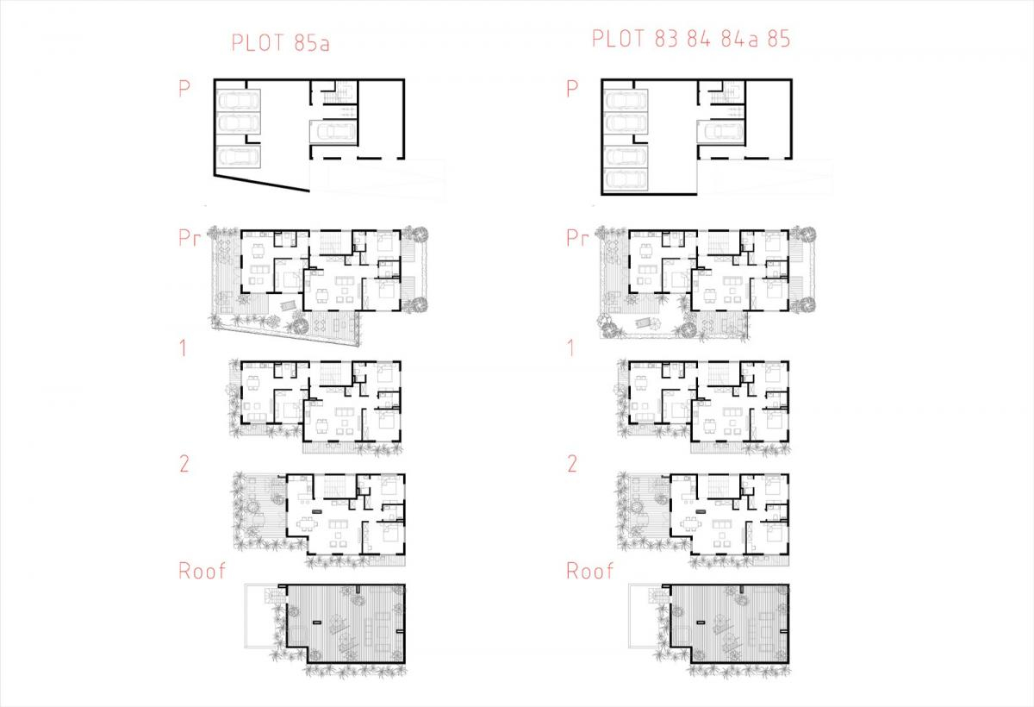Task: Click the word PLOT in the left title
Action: click(257, 43)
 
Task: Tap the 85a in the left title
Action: click(312, 43)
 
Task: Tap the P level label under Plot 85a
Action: click(184, 88)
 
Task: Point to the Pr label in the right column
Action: click(577, 238)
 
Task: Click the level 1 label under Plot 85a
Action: click(184, 348)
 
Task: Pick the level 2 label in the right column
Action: click(572, 464)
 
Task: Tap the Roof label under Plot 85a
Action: click(202, 571)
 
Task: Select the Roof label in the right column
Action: click(590, 571)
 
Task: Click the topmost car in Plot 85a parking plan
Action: click(238, 99)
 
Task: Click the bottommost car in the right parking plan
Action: click(626, 178)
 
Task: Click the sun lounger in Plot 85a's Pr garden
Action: click(288, 305)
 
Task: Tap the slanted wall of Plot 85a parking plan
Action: click(262, 183)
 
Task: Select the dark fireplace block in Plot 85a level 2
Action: click(317, 511)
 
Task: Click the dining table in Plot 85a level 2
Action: click(305, 525)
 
